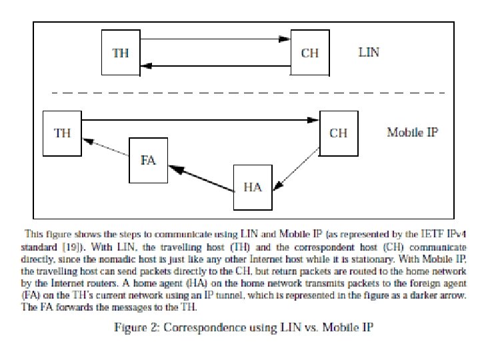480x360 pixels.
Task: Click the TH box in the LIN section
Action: [x=121, y=52]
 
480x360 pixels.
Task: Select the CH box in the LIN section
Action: [x=310, y=52]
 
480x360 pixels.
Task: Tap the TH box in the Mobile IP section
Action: [x=62, y=132]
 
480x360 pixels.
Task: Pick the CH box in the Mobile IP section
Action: [x=339, y=132]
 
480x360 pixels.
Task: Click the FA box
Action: [x=148, y=161]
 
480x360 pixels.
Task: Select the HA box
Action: [x=253, y=187]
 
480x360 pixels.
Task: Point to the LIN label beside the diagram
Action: [x=369, y=51]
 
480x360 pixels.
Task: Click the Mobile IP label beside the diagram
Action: [x=412, y=132]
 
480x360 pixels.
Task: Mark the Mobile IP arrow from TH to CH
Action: [x=200, y=120]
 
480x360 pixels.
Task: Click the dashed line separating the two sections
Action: [x=240, y=91]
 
